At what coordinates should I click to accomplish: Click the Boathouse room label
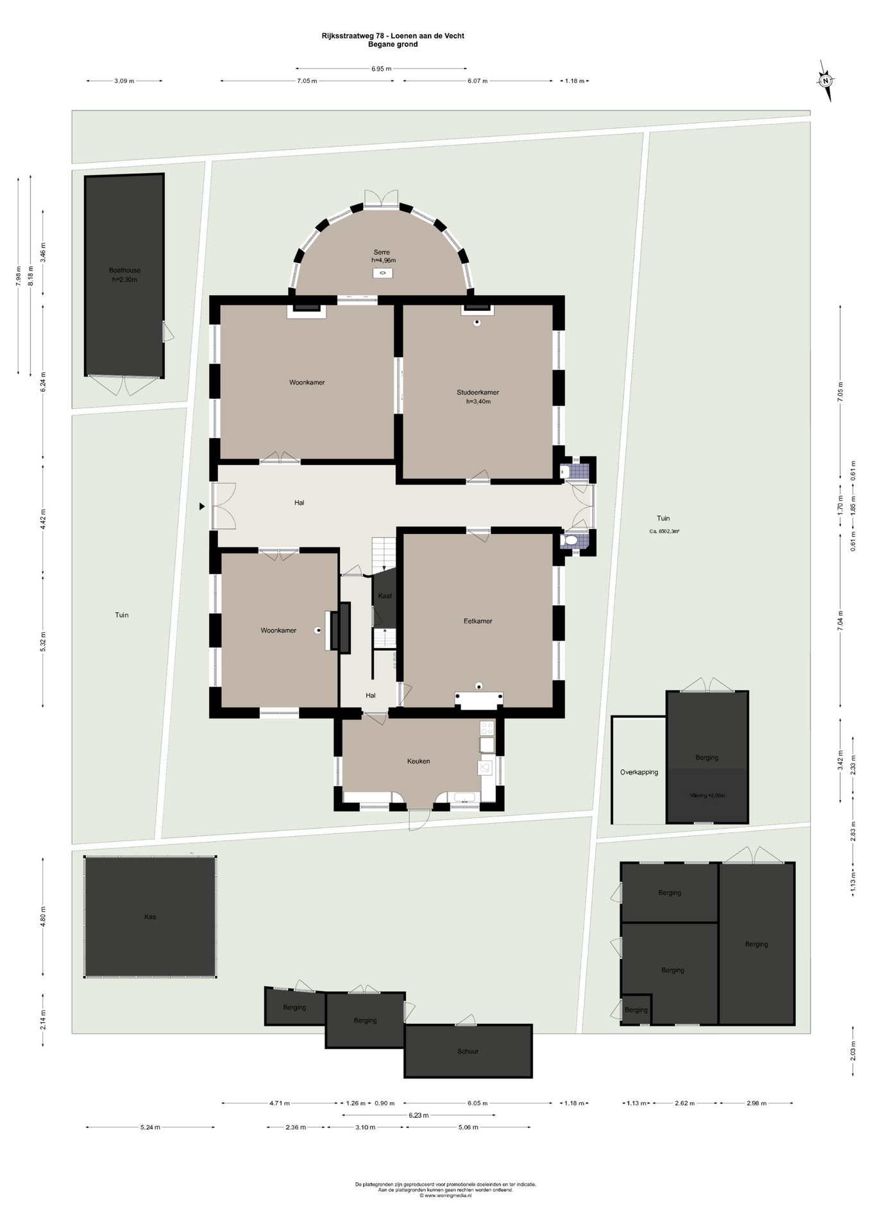[x=124, y=271]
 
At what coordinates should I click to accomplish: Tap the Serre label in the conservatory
[x=382, y=252]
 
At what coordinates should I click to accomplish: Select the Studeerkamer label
[x=478, y=392]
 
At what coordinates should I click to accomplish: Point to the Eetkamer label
[x=478, y=621]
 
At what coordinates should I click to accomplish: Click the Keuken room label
[x=418, y=761]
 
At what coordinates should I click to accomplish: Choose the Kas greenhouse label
[x=150, y=917]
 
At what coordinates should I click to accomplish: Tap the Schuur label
[x=468, y=1051]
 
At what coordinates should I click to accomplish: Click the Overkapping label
[x=639, y=773]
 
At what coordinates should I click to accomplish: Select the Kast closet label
[x=385, y=596]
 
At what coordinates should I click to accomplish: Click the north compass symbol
[x=826, y=81]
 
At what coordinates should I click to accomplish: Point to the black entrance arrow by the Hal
[x=202, y=507]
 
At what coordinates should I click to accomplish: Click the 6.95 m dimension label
[x=381, y=69]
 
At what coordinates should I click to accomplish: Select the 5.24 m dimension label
[x=150, y=1127]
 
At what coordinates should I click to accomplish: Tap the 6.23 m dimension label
[x=418, y=1115]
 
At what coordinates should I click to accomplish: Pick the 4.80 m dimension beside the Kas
[x=43, y=917]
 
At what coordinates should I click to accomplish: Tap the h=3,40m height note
[x=478, y=402]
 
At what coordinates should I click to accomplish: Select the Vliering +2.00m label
[x=707, y=796]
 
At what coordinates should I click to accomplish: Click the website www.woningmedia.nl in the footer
[x=448, y=1195]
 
